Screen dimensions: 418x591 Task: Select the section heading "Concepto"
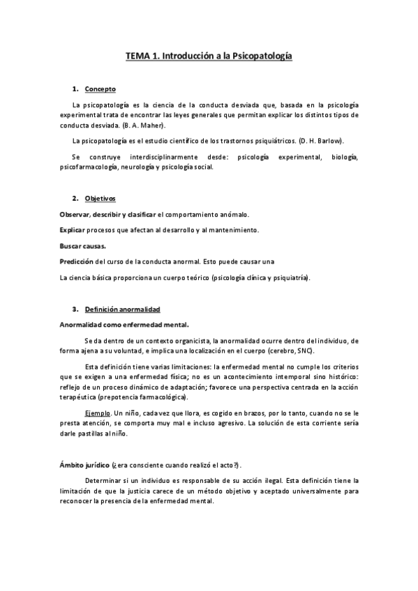[x=100, y=89]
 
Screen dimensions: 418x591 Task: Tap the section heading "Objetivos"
[x=100, y=199]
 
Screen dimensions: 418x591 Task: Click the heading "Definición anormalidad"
[x=123, y=308]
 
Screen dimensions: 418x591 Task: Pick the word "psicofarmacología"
[x=89, y=167]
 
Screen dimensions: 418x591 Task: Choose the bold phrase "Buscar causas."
[x=84, y=246]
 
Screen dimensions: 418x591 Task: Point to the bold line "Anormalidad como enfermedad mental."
[x=124, y=324]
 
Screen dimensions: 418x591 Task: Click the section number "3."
[x=75, y=308]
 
